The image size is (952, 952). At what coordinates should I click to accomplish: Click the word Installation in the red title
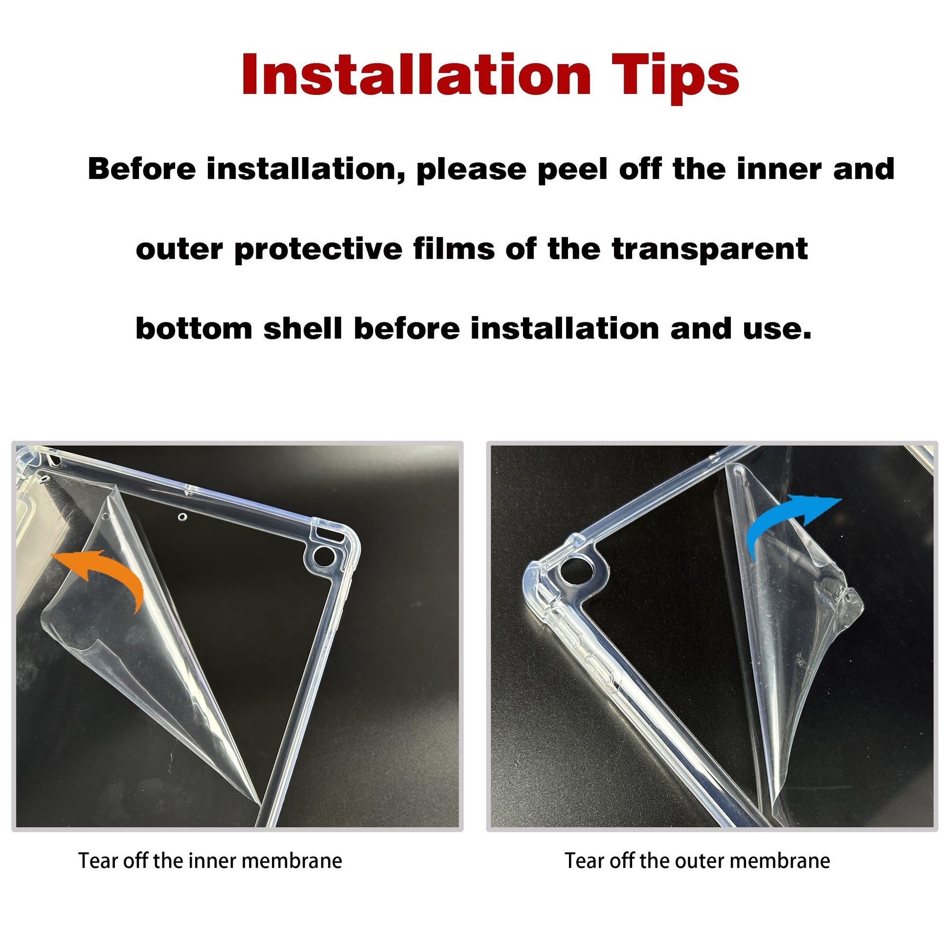coord(416,74)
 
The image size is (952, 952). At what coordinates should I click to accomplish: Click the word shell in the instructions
coord(302,328)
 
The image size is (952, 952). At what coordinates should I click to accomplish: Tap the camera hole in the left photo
coord(324,556)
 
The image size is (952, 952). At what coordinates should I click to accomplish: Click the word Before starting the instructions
coord(142,169)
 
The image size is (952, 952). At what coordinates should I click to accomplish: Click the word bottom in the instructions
coord(194,328)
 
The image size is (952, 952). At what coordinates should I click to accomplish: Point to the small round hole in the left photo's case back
coord(183,518)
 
